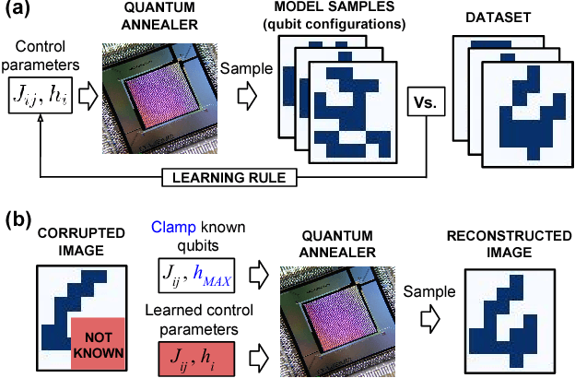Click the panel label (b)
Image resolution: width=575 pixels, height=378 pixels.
pyautogui.click(x=18, y=222)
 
